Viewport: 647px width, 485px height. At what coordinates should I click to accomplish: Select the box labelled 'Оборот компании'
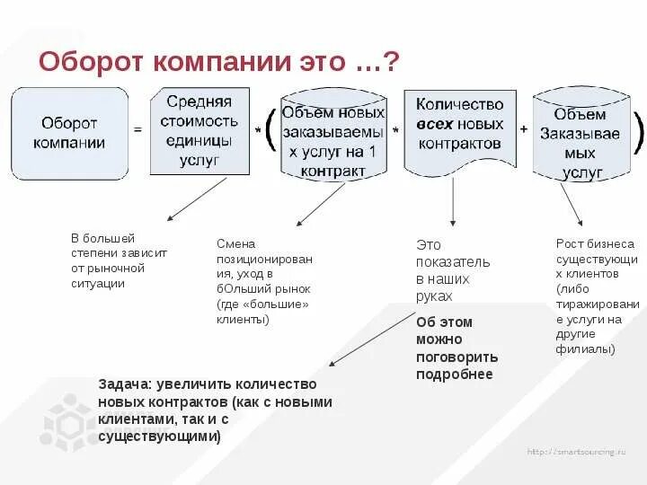[x=69, y=132]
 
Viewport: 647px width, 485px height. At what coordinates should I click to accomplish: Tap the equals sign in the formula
[x=137, y=129]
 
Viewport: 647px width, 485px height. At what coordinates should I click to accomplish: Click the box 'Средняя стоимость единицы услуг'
[x=199, y=130]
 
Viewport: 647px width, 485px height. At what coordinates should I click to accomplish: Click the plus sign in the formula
[x=524, y=128]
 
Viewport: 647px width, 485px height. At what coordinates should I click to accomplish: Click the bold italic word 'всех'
[x=435, y=124]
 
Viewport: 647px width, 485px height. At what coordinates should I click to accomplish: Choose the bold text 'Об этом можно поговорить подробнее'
[x=456, y=348]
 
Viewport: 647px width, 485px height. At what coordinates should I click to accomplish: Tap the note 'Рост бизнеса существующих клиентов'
[x=597, y=295]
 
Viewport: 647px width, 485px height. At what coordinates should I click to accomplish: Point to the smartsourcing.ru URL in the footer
[x=575, y=451]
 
